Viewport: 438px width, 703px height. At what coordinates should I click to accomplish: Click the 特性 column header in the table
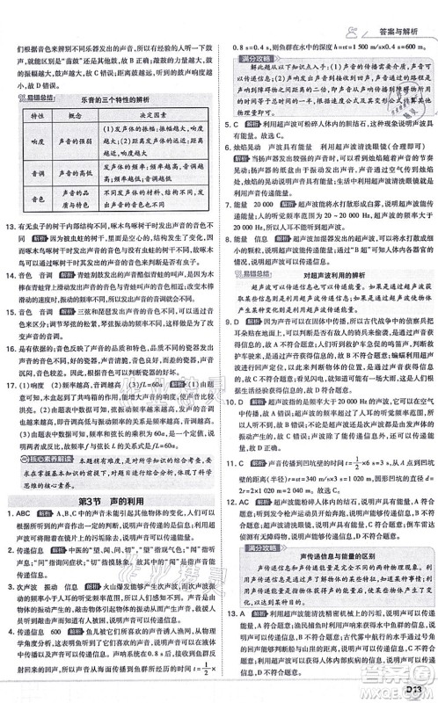pyautogui.click(x=38, y=117)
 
